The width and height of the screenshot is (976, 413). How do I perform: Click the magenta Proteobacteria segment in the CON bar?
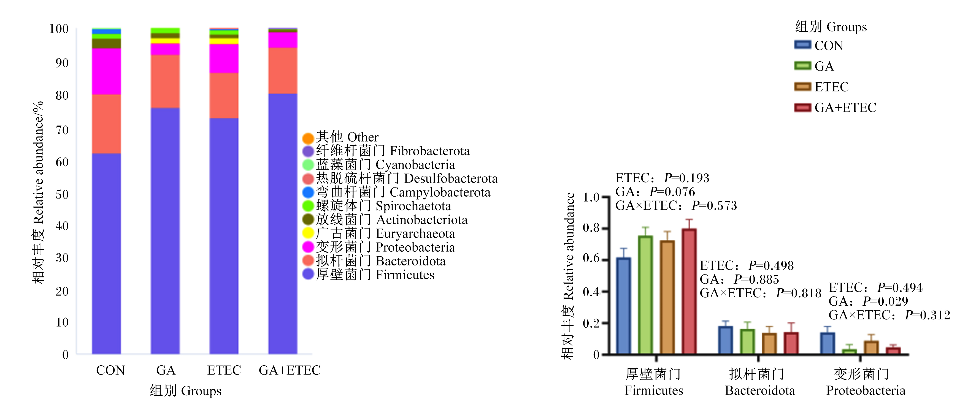106,71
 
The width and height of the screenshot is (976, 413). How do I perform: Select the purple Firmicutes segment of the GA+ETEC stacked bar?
283,224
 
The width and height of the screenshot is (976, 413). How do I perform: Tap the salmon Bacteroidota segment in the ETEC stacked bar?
224,95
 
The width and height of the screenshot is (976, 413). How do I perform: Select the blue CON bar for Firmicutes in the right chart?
624,306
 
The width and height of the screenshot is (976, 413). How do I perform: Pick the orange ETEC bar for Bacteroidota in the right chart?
769,344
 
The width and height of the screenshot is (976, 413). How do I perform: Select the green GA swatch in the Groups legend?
803,66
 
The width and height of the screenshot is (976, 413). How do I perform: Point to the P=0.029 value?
885,301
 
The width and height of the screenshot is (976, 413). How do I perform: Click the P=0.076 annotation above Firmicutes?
672,192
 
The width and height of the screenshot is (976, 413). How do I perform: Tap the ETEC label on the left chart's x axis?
224,370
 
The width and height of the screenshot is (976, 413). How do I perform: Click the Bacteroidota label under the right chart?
760,390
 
